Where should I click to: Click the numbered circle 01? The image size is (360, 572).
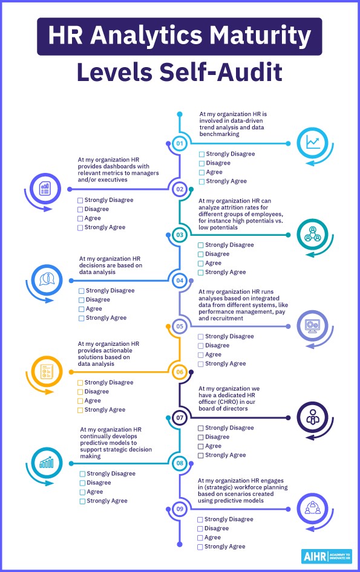[180, 143]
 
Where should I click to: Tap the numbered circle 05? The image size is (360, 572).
[180, 326]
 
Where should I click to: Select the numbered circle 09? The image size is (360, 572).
[180, 509]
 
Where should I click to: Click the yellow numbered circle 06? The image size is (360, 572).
[180, 372]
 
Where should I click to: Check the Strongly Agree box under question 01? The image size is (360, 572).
[201, 181]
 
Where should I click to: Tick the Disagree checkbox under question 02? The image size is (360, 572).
[80, 209]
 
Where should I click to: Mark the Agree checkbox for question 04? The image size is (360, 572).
[82, 309]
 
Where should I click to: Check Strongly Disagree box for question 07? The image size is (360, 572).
[200, 428]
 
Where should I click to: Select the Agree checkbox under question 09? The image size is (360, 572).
[200, 538]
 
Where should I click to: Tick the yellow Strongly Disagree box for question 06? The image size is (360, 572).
[80, 383]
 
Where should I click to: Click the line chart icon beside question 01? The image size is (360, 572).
[313, 143]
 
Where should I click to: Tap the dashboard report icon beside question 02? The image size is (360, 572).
[45, 189]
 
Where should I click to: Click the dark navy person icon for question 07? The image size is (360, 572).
[313, 417]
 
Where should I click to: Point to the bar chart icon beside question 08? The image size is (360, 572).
[47, 463]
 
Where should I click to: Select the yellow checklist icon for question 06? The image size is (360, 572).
[47, 371]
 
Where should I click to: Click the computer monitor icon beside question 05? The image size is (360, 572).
[313, 326]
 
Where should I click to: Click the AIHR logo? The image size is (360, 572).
[327, 557]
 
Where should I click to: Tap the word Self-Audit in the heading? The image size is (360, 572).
[221, 72]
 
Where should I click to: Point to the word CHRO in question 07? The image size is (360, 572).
[228, 402]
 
